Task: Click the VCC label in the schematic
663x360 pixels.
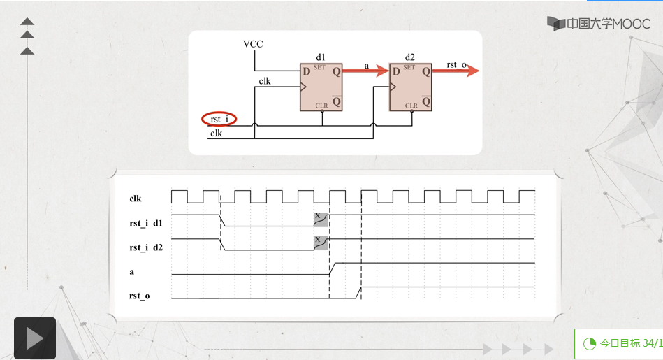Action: click(x=253, y=44)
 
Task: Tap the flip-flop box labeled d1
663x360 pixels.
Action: click(x=321, y=87)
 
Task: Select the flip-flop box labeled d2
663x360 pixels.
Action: click(x=410, y=87)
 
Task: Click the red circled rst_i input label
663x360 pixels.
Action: click(x=219, y=120)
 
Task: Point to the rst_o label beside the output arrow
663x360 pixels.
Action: click(x=456, y=65)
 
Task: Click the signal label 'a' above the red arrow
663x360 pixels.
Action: click(x=367, y=65)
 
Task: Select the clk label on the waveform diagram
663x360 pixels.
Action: click(x=136, y=199)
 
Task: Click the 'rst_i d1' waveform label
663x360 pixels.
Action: click(x=146, y=224)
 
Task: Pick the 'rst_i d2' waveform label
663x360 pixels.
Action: click(x=146, y=247)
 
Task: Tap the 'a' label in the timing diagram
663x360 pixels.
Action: click(x=131, y=271)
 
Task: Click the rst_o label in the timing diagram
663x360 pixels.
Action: click(x=140, y=296)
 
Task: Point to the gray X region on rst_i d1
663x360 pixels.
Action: click(x=320, y=219)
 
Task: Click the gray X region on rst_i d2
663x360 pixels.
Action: click(x=320, y=243)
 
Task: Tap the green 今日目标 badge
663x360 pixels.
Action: click(x=618, y=343)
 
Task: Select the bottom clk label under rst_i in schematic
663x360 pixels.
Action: click(x=217, y=133)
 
